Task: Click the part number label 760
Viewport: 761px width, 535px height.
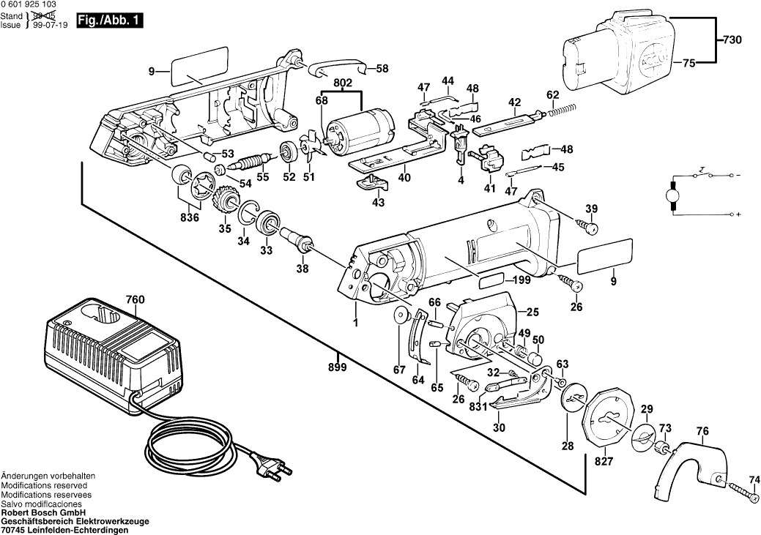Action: coord(136,299)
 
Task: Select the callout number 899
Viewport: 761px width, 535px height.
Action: coord(337,367)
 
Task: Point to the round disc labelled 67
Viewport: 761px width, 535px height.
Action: coord(400,316)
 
